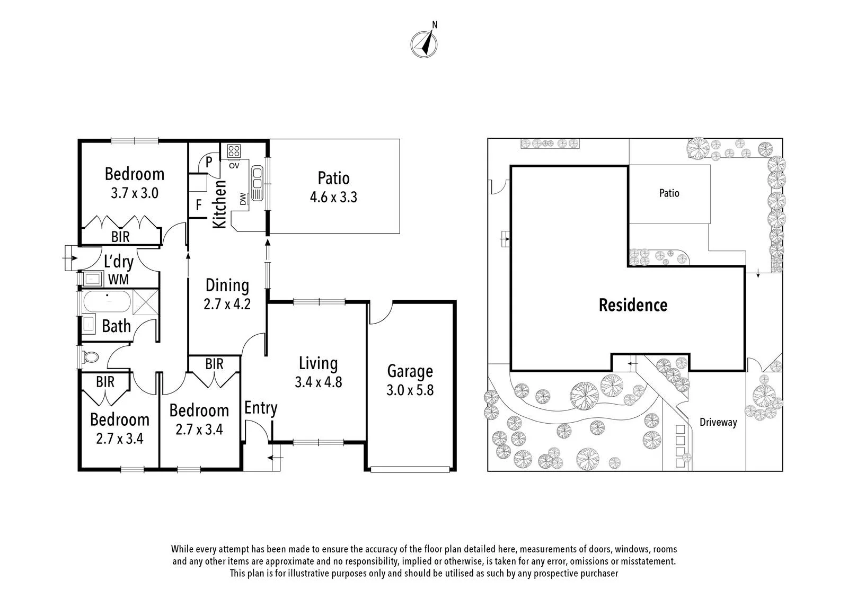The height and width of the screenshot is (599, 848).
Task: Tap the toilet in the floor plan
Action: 91,356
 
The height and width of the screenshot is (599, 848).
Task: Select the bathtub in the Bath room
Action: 107,301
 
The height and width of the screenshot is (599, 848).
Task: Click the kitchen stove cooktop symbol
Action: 234,151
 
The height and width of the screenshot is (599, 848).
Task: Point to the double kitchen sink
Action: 257,183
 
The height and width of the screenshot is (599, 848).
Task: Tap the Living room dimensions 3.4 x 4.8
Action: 319,382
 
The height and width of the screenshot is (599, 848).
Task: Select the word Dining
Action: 227,285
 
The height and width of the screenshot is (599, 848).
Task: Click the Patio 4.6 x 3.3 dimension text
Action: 333,197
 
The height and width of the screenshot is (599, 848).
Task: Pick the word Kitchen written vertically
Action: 219,204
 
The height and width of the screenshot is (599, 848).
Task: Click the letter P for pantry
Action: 209,162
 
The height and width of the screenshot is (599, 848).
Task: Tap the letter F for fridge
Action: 199,205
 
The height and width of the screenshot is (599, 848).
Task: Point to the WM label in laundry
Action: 119,280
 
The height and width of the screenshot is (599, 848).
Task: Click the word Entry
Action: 261,408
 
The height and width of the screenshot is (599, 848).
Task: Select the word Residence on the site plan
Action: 633,306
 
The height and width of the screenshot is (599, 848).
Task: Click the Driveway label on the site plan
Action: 718,422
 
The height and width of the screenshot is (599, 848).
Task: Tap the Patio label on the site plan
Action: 669,193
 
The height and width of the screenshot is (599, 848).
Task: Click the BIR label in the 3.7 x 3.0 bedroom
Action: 120,237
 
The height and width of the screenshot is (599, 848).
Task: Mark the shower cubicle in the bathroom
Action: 145,301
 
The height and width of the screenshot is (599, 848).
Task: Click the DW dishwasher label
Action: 243,199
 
